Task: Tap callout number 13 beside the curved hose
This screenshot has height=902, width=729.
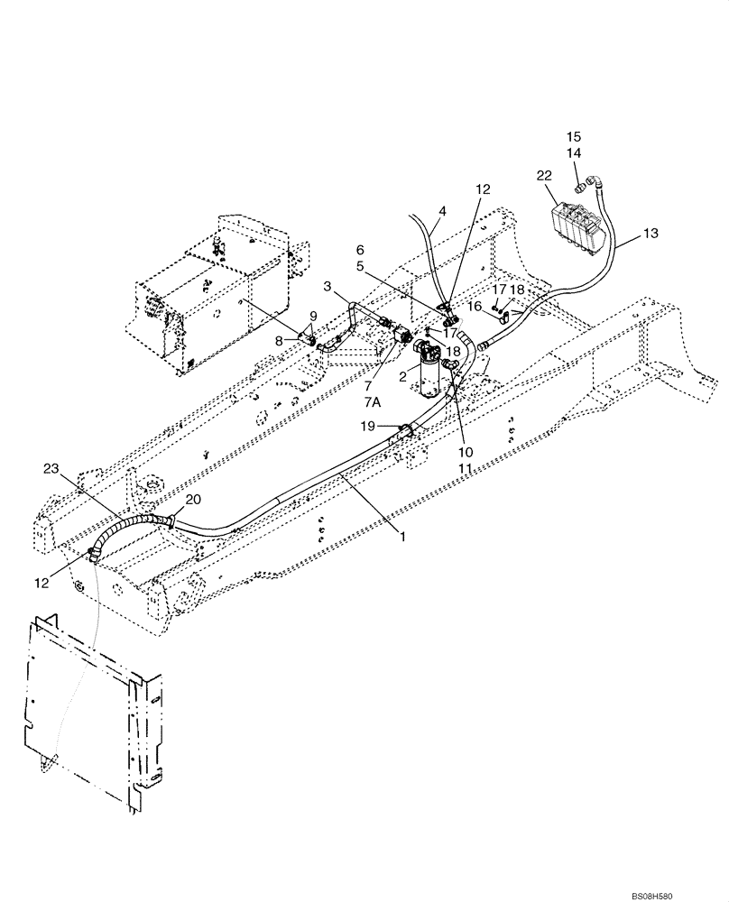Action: (651, 234)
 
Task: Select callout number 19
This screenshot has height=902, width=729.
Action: (367, 426)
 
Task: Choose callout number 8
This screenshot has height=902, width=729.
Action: (280, 340)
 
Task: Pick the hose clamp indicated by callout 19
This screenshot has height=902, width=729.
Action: (405, 431)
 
